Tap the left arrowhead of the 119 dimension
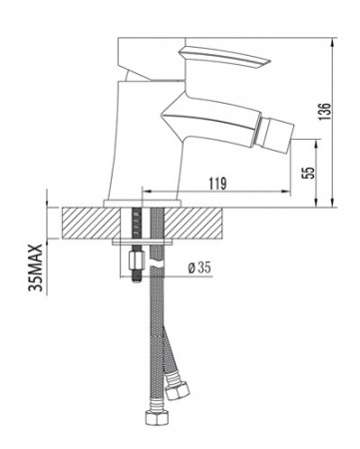[x=148, y=192]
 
